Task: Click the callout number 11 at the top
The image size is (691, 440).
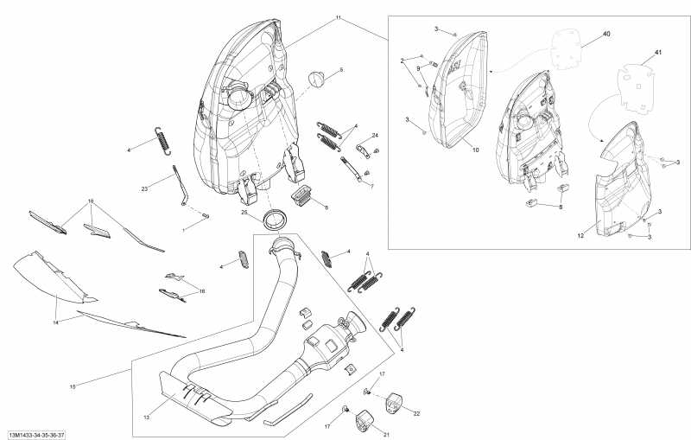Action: [338, 17]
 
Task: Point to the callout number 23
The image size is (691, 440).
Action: [145, 188]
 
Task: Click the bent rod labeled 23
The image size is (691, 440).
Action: [181, 187]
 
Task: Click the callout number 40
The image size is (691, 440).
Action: [606, 34]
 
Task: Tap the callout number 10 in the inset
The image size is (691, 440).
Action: [474, 150]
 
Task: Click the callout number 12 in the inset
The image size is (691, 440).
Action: [580, 234]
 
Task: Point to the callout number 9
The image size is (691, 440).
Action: [419, 67]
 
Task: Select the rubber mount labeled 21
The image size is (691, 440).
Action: [363, 422]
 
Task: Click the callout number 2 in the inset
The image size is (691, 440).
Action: [402, 60]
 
